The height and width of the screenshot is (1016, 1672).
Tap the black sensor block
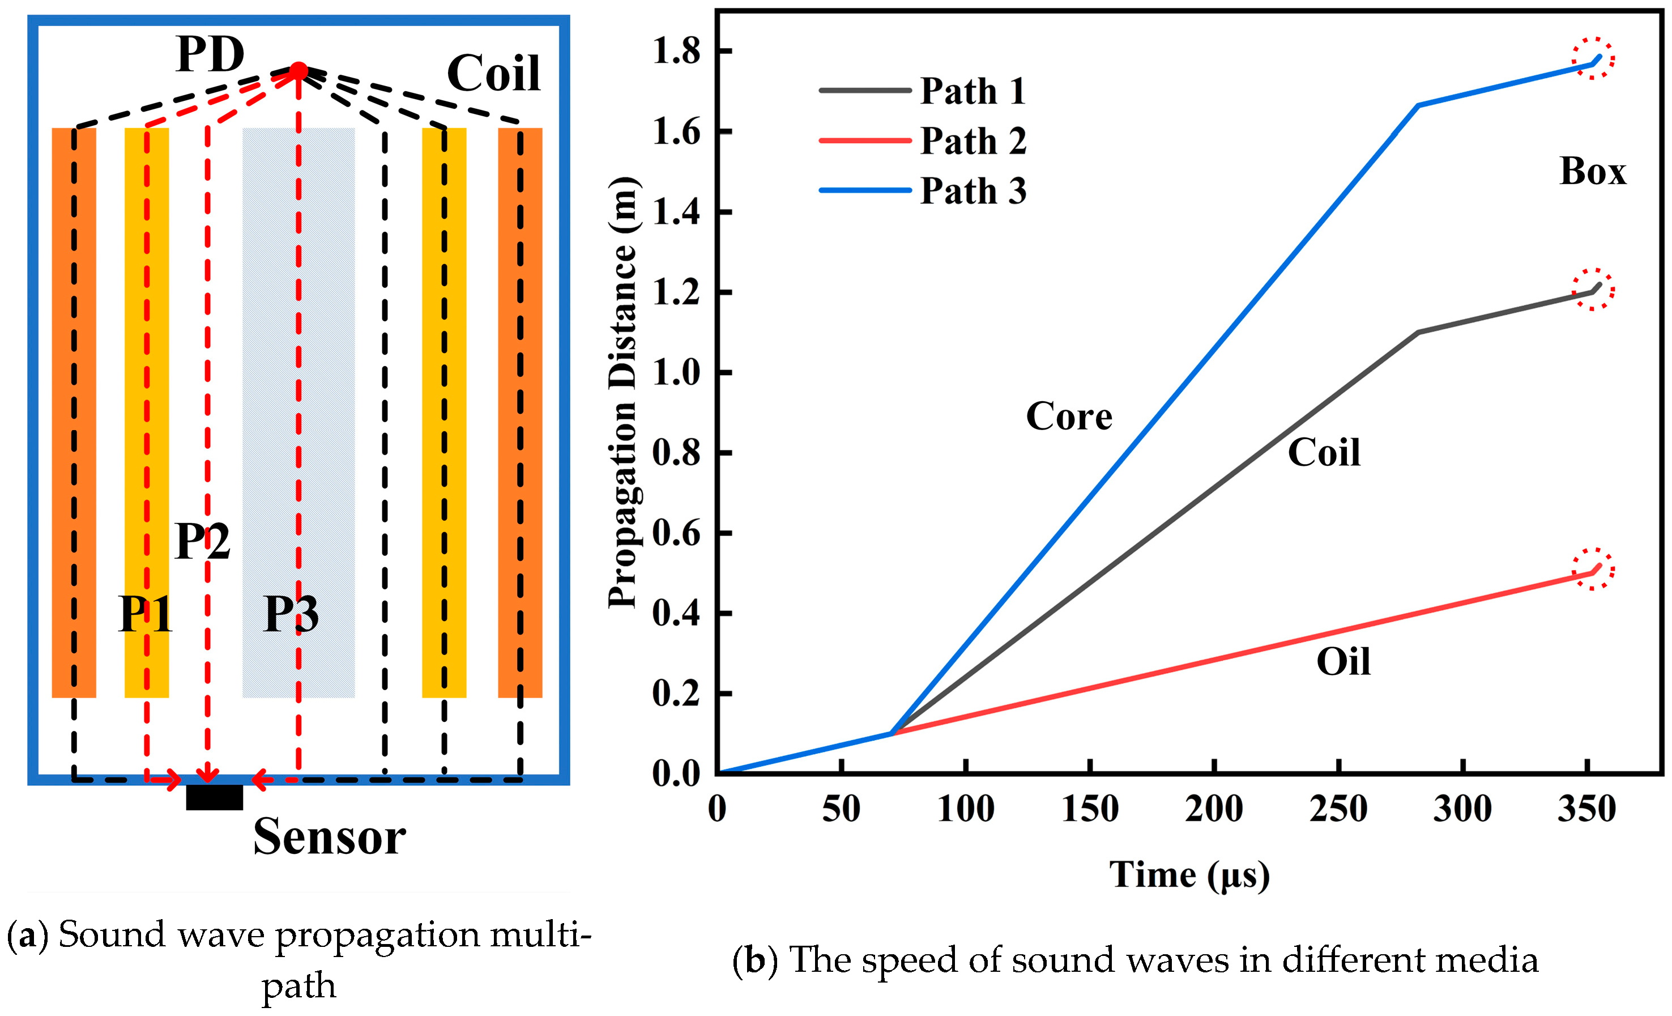(x=215, y=797)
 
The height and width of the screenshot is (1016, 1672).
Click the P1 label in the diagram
(x=145, y=614)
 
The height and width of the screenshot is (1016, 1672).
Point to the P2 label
(x=202, y=541)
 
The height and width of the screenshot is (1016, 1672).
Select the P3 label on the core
(x=291, y=614)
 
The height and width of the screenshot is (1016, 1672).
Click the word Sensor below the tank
(x=329, y=837)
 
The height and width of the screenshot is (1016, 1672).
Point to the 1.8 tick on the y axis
(x=676, y=52)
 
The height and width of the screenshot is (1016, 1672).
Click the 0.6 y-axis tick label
(x=676, y=533)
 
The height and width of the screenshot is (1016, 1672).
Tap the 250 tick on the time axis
(x=1338, y=808)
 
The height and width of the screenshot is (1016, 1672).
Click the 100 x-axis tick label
(x=966, y=808)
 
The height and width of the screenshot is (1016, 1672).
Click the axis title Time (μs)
(x=1189, y=875)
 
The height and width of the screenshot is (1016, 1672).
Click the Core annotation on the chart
(x=1069, y=416)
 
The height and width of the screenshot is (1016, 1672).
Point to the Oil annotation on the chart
(x=1343, y=662)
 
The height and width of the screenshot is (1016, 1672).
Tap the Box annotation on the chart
(x=1593, y=171)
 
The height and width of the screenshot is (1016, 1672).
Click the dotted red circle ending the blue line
(x=1593, y=58)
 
